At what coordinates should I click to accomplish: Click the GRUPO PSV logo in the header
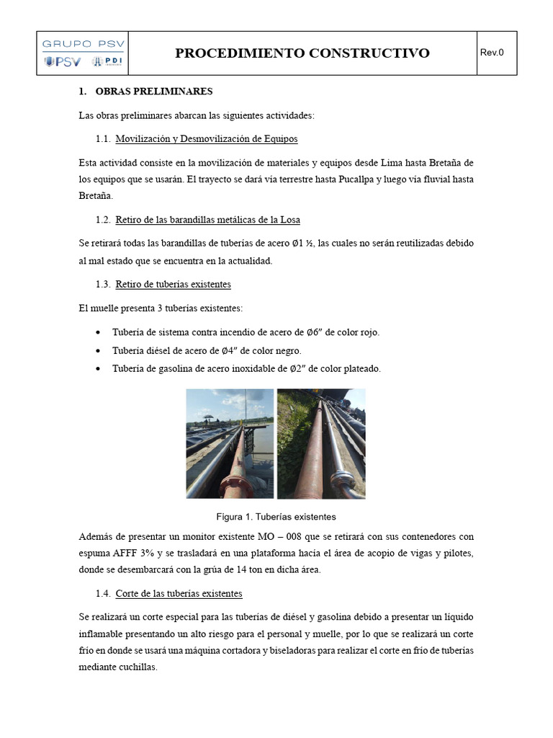click(x=84, y=53)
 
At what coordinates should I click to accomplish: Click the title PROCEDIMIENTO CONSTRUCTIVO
click(x=302, y=53)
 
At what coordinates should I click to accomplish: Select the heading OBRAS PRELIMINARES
click(x=153, y=92)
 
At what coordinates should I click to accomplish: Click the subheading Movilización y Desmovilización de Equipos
click(x=206, y=138)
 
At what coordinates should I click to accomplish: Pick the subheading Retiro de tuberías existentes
click(x=173, y=285)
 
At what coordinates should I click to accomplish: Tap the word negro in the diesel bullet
click(x=286, y=351)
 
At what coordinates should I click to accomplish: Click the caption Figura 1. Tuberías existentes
click(x=276, y=517)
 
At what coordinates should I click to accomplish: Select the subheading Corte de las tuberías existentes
click(x=179, y=594)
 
